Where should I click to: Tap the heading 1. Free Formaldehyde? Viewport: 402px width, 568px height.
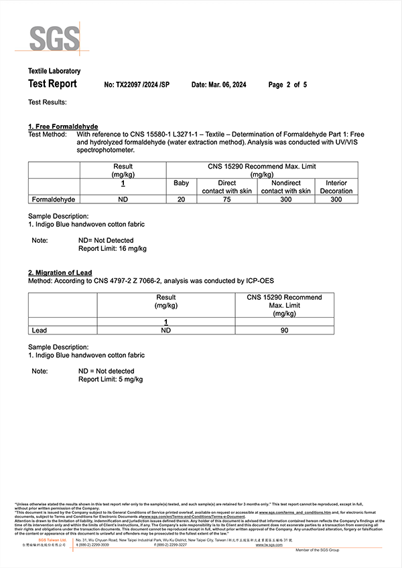pyautogui.click(x=63, y=126)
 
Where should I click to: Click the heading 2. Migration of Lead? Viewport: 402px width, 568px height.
pyautogui.click(x=61, y=272)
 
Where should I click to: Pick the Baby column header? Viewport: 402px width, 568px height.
pyautogui.click(x=181, y=183)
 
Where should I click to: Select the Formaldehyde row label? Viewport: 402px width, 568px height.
pyautogui.click(x=54, y=199)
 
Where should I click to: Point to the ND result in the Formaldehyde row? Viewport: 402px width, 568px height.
pyautogui.click(x=123, y=199)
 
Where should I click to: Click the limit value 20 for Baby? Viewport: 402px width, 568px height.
pyautogui.click(x=181, y=199)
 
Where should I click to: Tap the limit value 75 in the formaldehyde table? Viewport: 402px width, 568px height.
pyautogui.click(x=226, y=199)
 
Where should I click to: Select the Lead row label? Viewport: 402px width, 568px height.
pyautogui.click(x=40, y=330)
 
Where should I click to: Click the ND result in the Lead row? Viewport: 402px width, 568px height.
pyautogui.click(x=166, y=330)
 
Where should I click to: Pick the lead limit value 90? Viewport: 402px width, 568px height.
pyautogui.click(x=284, y=330)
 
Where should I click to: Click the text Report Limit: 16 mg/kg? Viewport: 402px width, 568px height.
pyautogui.click(x=113, y=248)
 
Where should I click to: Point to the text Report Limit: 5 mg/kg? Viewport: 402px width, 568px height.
pyautogui.click(x=111, y=379)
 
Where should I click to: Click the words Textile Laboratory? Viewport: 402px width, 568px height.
pyautogui.click(x=54, y=71)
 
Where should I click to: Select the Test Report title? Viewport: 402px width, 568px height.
pyautogui.click(x=52, y=84)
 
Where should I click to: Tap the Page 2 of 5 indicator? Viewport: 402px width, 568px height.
pyautogui.click(x=287, y=85)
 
